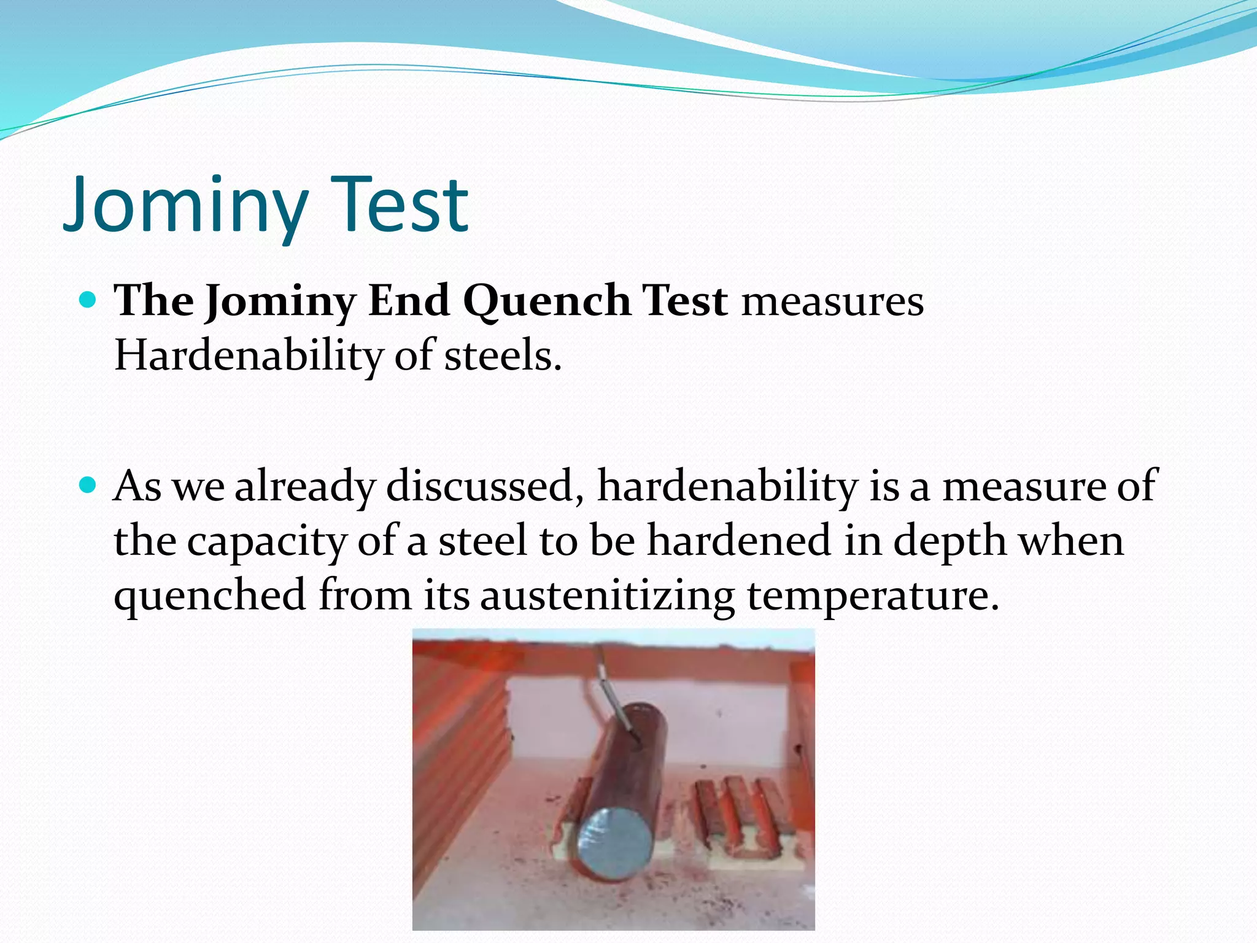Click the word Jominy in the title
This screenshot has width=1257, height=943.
click(x=184, y=206)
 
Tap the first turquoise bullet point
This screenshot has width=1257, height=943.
click(x=88, y=300)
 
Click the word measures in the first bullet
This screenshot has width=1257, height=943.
click(x=832, y=302)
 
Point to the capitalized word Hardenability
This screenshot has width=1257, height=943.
click(x=249, y=356)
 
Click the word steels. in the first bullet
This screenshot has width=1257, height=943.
click(x=502, y=356)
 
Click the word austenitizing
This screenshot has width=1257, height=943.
click(x=608, y=596)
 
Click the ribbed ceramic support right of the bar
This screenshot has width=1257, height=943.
click(x=743, y=817)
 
